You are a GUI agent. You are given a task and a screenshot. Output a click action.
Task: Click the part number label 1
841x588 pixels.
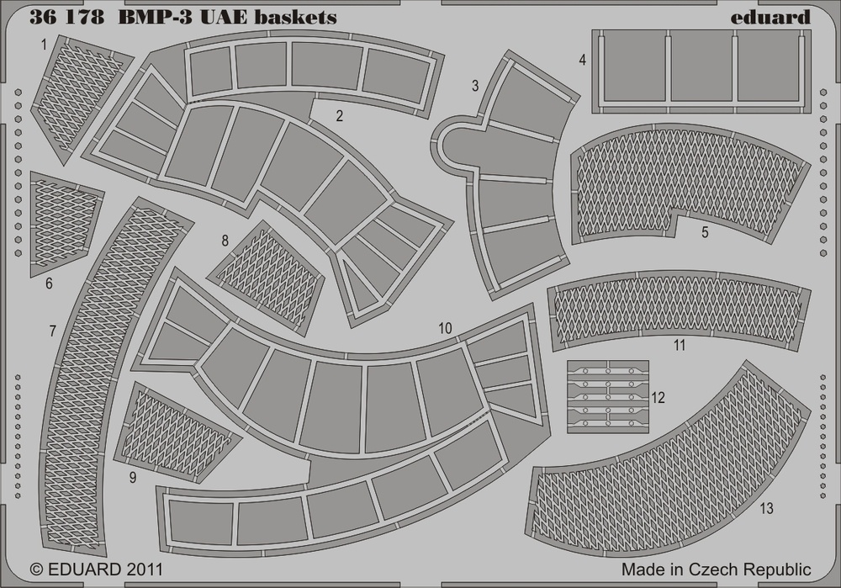[x=44, y=45]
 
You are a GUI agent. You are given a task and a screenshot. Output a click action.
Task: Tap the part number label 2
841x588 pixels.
[x=339, y=115]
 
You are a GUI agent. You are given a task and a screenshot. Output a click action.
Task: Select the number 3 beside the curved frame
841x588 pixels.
[x=474, y=86]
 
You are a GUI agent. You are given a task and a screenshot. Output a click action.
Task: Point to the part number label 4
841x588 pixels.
[x=583, y=60]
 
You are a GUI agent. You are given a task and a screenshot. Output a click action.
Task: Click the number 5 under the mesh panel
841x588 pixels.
[x=705, y=232]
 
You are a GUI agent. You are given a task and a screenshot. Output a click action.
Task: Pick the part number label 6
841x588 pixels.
[x=49, y=283]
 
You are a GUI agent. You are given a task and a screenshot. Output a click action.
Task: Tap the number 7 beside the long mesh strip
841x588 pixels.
[x=52, y=331]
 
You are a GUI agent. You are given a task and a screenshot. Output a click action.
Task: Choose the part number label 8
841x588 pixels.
[x=225, y=241]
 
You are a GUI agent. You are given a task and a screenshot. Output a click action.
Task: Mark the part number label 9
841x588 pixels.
[x=133, y=478]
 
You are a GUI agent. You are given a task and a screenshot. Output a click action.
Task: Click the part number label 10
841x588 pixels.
[x=445, y=328]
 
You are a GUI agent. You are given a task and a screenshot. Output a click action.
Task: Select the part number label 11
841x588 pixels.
[x=680, y=346]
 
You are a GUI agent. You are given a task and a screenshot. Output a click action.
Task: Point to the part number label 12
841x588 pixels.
[x=658, y=398]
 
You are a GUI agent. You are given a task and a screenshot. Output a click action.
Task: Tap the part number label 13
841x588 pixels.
[x=766, y=508]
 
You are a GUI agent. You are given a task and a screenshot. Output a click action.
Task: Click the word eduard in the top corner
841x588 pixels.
[x=770, y=17]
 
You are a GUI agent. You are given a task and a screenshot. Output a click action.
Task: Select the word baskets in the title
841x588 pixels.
[x=295, y=17]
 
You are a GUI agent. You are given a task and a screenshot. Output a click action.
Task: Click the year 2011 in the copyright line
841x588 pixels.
[x=145, y=569]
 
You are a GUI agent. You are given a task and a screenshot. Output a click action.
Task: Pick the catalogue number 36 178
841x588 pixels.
[x=66, y=17]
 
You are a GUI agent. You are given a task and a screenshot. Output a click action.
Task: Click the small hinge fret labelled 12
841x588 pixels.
[x=608, y=397]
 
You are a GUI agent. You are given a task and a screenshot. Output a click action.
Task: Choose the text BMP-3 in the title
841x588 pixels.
[x=158, y=17]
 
